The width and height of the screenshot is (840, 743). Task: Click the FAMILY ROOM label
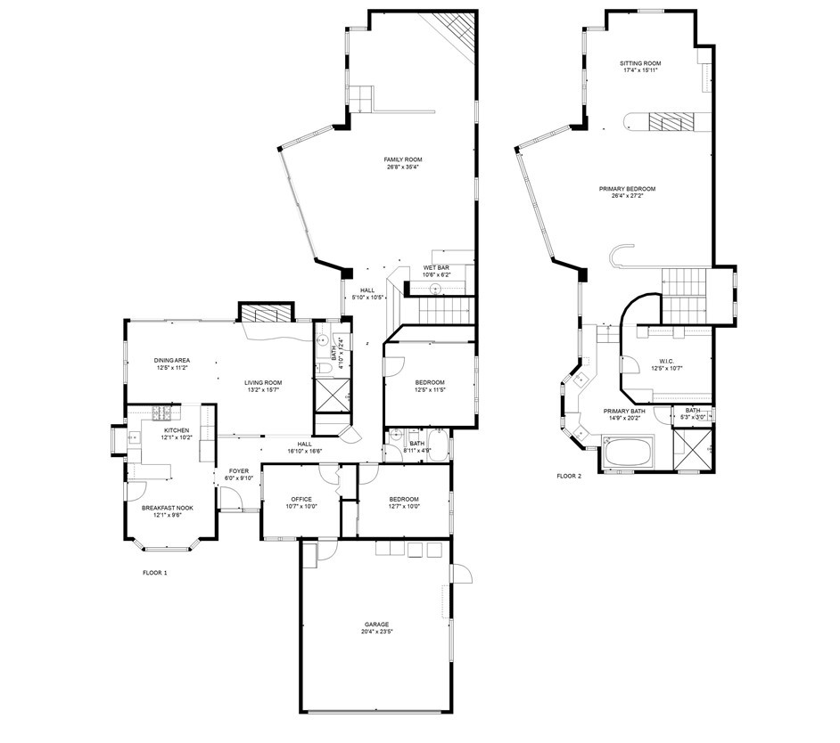[x=402, y=159]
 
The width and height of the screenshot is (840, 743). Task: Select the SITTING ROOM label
[x=640, y=63]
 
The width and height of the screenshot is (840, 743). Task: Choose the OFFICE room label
[x=301, y=499]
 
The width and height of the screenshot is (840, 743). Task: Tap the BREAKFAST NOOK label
[x=168, y=508]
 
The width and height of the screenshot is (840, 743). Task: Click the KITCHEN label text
[x=176, y=430]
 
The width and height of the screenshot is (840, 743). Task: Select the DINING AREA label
[x=172, y=360]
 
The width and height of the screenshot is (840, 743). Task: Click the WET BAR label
[x=436, y=267]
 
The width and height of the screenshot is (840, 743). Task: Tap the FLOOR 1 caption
[x=154, y=573]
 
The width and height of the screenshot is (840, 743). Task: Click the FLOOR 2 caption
[x=568, y=476]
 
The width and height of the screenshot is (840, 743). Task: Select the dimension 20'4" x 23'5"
[x=377, y=632]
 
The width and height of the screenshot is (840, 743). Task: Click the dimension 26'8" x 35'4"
[x=402, y=167]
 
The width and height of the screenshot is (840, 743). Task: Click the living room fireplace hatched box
[x=266, y=314]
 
